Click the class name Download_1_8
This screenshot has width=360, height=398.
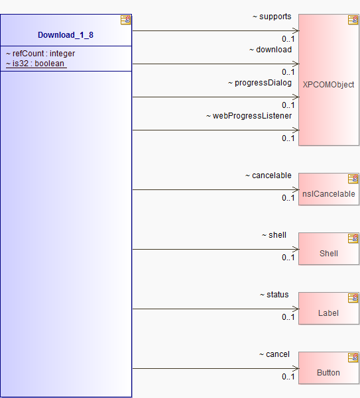point(66,35)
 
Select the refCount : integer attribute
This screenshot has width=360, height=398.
point(40,54)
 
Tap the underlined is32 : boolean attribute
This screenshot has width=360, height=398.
point(35,64)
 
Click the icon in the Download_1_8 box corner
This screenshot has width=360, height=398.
point(126,20)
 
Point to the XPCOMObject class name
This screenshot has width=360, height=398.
point(328,85)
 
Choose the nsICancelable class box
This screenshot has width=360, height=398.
point(329,189)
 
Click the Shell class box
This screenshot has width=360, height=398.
point(329,249)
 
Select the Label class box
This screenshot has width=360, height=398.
point(329,309)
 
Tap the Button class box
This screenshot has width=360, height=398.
point(329,368)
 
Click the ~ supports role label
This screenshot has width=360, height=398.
point(272,17)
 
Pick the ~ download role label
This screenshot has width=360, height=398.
point(270,50)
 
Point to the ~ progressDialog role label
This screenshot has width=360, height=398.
point(260,83)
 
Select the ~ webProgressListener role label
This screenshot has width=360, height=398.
point(249,116)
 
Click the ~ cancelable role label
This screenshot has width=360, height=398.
point(269,175)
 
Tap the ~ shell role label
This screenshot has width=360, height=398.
point(274,235)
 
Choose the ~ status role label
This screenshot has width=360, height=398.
point(274,295)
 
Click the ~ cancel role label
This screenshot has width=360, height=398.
point(274,354)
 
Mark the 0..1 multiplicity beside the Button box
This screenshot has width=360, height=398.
point(288,377)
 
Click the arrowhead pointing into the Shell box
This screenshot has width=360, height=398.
point(296,249)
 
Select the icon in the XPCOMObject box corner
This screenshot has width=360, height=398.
point(353,20)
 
